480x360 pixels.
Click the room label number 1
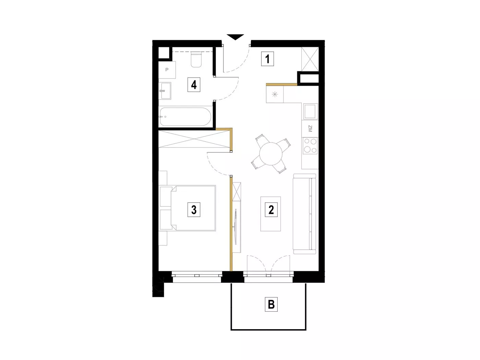click(267, 59)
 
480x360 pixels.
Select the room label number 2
click(271, 209)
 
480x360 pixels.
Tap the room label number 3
click(194, 209)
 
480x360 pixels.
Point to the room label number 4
click(194, 85)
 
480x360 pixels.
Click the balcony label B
click(271, 304)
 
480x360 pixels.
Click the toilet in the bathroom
click(196, 59)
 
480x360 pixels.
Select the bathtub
click(185, 117)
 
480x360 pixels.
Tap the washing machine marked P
click(167, 70)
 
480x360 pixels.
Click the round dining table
click(271, 154)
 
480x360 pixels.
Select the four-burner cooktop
click(310, 146)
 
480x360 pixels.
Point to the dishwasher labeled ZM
click(310, 129)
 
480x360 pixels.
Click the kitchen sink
click(310, 111)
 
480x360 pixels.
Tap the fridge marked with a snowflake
click(275, 94)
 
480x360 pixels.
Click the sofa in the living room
click(304, 214)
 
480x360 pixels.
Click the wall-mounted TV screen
click(236, 227)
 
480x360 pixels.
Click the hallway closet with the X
click(310, 59)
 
